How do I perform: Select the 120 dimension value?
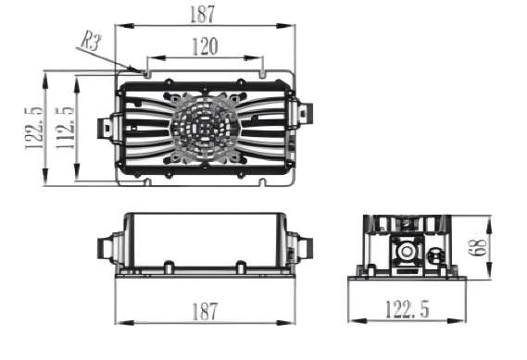(x=205, y=45)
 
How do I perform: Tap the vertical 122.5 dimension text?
(x=34, y=127)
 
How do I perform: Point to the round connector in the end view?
(x=405, y=251)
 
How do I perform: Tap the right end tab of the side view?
(x=302, y=248)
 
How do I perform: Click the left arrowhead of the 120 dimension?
(x=147, y=56)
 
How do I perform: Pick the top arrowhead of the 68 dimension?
(x=487, y=219)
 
